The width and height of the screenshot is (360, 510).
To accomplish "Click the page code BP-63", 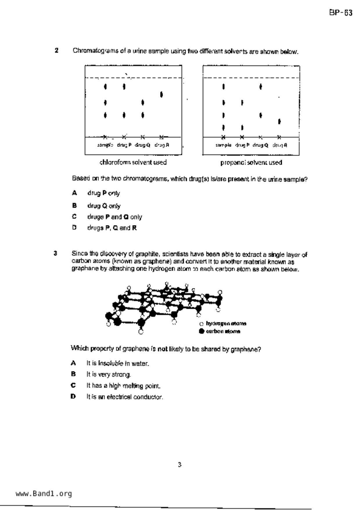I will [x=341, y=13].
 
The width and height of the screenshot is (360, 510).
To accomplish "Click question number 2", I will [x=56, y=50].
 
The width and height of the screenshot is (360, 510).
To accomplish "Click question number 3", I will [x=55, y=253].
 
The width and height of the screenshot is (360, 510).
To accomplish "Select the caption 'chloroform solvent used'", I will [x=133, y=162].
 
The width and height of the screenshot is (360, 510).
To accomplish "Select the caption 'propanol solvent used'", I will [x=251, y=162].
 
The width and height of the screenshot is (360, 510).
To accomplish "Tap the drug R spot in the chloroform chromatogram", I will [x=162, y=94].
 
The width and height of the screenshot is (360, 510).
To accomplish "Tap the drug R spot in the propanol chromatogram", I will [x=279, y=122].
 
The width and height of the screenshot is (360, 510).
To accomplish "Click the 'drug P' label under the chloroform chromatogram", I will [x=124, y=145].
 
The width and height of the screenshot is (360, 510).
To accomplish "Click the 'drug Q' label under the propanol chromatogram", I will [x=260, y=145].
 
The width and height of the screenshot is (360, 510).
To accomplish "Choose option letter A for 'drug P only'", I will [x=74, y=193].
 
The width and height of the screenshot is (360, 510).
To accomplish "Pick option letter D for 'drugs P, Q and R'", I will [x=74, y=227].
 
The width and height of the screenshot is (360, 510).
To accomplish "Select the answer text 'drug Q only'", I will [x=104, y=206].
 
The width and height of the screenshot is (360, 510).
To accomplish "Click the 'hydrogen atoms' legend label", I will [x=226, y=323].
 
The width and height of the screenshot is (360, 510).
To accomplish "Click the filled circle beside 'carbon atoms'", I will [x=202, y=331].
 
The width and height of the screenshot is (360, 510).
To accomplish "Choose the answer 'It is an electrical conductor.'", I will [x=125, y=397].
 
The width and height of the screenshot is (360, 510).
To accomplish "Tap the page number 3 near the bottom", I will [x=180, y=465].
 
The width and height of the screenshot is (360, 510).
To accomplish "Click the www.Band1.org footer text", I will [x=44, y=493].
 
